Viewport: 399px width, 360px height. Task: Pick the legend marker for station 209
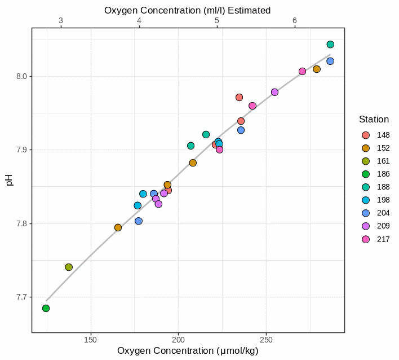tap(366, 226)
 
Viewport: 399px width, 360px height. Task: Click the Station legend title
tap(374, 120)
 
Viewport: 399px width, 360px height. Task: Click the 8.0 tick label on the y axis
tap(21, 76)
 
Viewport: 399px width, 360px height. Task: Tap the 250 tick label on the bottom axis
tap(267, 341)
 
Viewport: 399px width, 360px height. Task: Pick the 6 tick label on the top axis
tap(294, 20)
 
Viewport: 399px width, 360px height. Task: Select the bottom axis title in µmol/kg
tap(188, 351)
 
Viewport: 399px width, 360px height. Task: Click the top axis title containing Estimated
tap(188, 10)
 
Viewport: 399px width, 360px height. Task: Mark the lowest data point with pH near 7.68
tap(46, 308)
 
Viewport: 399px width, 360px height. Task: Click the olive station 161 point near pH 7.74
tap(69, 267)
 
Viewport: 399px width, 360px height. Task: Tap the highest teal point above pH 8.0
tap(330, 45)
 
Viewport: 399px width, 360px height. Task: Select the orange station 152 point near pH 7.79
tap(118, 227)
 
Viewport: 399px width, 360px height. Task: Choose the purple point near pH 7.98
tap(274, 92)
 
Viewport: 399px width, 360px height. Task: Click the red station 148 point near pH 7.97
tap(239, 97)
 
